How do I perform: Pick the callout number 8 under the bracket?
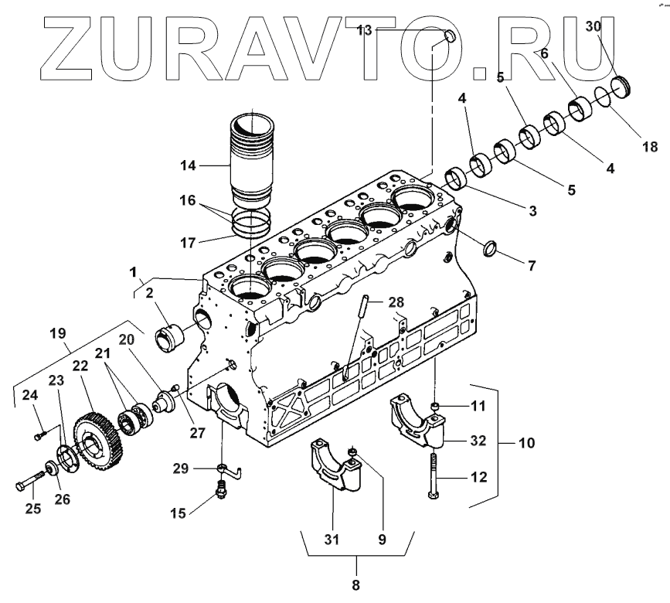(356, 585)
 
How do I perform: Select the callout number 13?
(364, 30)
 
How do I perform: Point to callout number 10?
(525, 445)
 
